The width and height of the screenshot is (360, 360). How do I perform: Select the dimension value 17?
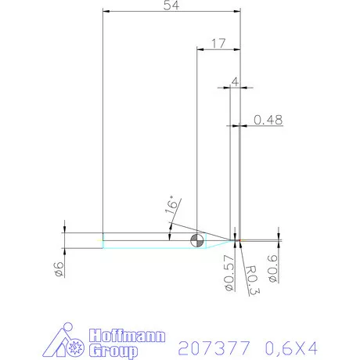coord(218,44)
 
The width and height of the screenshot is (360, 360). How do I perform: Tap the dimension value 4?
coord(233,81)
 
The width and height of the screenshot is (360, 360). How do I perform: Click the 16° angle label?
coord(172,207)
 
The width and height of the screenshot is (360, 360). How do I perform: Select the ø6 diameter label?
coord(57,269)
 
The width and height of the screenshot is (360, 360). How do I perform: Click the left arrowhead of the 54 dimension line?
coord(106,12)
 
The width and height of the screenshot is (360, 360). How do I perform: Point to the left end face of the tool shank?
coord(103,240)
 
